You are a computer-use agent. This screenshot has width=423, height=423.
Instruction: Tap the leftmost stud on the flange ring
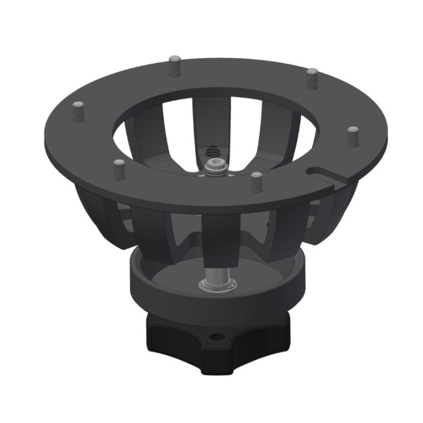(79, 110)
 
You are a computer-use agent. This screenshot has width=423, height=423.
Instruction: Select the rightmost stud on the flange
(352, 135)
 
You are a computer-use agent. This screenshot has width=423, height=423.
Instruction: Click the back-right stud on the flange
(312, 77)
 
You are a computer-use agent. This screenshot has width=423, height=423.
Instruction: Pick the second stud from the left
(119, 169)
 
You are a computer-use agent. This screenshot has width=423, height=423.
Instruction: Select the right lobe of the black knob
(276, 335)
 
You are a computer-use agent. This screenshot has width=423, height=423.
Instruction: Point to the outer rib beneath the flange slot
(329, 217)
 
